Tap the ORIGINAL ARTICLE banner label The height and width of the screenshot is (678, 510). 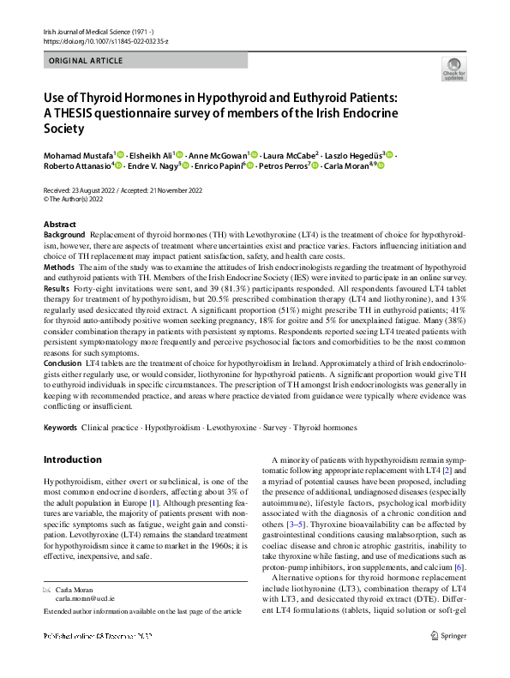(86, 61)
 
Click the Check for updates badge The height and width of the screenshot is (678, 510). (453, 69)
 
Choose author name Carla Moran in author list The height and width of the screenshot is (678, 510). (347, 165)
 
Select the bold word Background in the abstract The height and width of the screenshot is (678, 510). (64, 234)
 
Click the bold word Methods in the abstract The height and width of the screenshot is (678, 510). (59, 267)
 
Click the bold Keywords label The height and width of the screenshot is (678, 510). (61, 427)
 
